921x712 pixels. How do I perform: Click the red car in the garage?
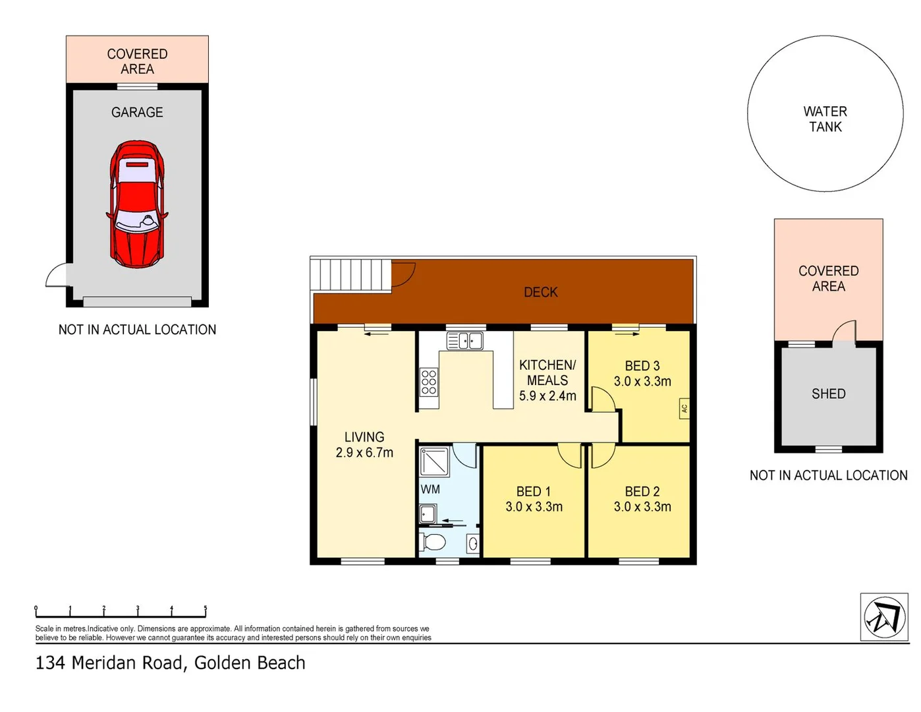(136, 204)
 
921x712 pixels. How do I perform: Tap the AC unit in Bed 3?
(684, 408)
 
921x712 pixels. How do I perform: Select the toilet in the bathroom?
(432, 542)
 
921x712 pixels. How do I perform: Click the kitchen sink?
(464, 341)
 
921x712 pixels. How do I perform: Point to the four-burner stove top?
(428, 382)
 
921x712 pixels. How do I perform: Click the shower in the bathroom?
(434, 461)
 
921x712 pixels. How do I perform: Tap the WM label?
(430, 489)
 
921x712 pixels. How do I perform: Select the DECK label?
(540, 292)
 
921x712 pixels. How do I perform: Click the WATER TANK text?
(825, 119)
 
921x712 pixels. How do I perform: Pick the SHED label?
(828, 394)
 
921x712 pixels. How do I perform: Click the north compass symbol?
(884, 616)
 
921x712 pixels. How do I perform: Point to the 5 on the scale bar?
(205, 608)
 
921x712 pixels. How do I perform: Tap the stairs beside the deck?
(350, 275)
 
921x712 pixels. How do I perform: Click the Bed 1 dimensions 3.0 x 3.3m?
(534, 507)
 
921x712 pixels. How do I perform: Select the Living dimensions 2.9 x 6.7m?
(364, 453)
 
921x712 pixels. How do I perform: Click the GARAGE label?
(137, 112)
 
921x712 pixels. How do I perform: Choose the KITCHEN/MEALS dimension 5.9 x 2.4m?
(547, 396)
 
